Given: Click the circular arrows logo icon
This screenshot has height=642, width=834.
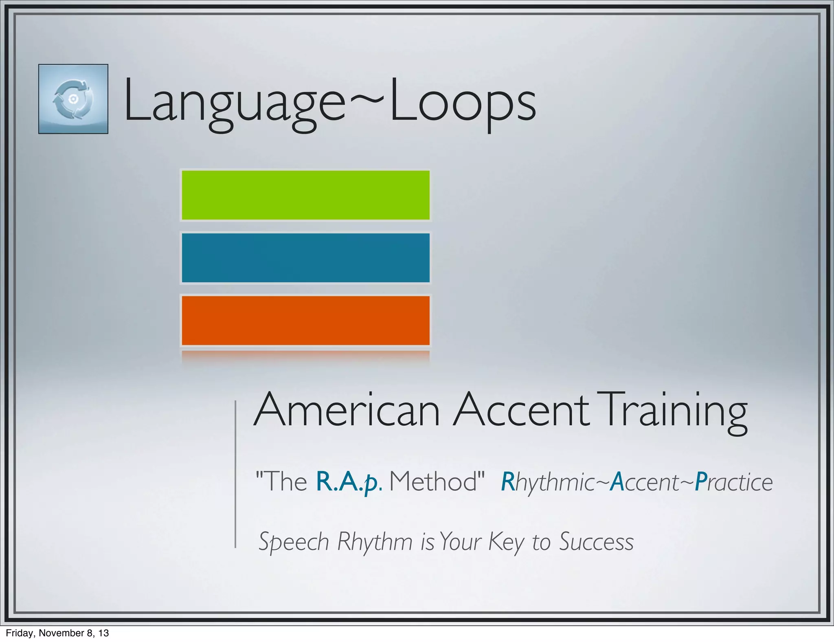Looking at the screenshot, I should [x=73, y=99].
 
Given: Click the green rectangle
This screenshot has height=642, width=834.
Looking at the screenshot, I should [x=305, y=195].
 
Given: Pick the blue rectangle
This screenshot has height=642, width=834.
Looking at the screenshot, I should [x=305, y=258].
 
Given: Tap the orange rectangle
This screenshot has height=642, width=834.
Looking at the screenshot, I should [x=305, y=321].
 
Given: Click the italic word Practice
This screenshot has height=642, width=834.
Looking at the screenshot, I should [x=733, y=482].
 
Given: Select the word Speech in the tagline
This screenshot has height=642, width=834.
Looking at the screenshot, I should [x=294, y=542].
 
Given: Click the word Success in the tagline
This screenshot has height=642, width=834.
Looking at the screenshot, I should [x=596, y=542].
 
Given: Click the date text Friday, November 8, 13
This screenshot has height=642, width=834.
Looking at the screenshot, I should [x=57, y=633].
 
